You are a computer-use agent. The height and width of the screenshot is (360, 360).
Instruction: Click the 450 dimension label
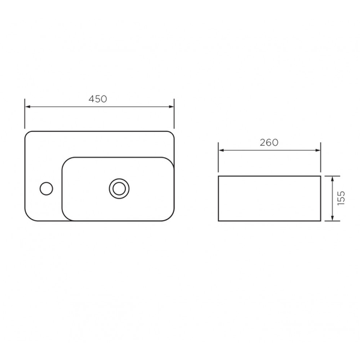coord(98,99)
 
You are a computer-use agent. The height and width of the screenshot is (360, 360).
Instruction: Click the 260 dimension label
coord(269,143)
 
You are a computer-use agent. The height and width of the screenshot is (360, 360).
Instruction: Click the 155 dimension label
coord(341,198)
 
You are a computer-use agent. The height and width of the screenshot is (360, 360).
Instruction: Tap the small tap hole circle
coord(46,188)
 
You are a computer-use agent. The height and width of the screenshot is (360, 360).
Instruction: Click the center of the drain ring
coord(119,188)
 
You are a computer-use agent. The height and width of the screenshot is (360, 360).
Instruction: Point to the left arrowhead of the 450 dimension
coord(28,107)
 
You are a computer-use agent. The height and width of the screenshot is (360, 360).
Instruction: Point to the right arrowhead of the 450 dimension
coord(171,107)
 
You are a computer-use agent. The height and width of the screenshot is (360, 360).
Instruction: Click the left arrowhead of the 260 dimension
coord(221,151)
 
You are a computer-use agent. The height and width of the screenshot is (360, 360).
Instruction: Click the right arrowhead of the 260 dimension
coord(318,151)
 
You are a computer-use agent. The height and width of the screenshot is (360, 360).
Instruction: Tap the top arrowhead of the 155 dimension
coord(332,179)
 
